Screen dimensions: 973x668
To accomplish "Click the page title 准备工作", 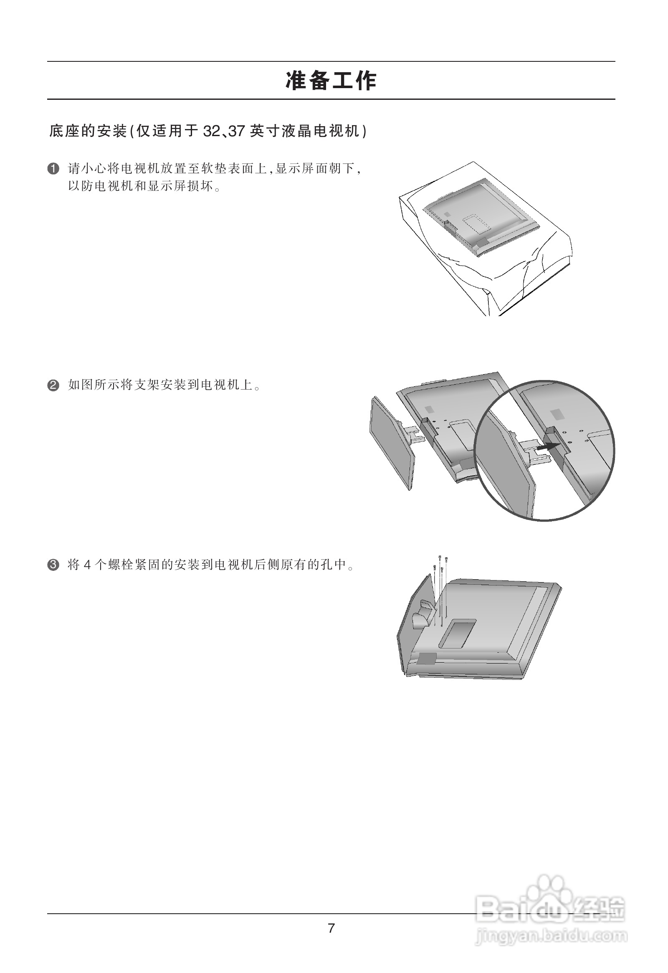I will (331, 81).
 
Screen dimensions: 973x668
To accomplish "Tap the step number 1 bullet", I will (53, 169).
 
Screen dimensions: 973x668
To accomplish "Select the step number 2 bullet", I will (53, 385).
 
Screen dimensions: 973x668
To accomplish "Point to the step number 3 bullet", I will (53, 565).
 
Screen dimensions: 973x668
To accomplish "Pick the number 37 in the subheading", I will (236, 132).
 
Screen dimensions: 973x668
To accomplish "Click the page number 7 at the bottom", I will (331, 928).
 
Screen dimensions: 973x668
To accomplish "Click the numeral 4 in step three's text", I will (87, 565).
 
